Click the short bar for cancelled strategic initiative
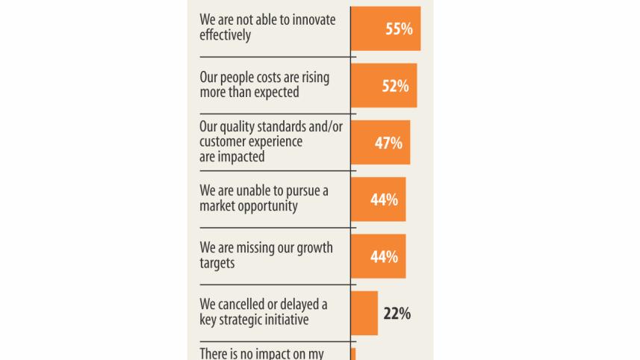pyautogui.click(x=364, y=313)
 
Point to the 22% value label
pyautogui.click(x=397, y=314)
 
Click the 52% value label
pyautogui.click(x=395, y=86)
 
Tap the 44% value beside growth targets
pyautogui.click(x=384, y=257)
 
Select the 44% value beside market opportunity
pyautogui.click(x=384, y=200)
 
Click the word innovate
pyautogui.click(x=310, y=20)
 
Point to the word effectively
pyautogui.click(x=225, y=35)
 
